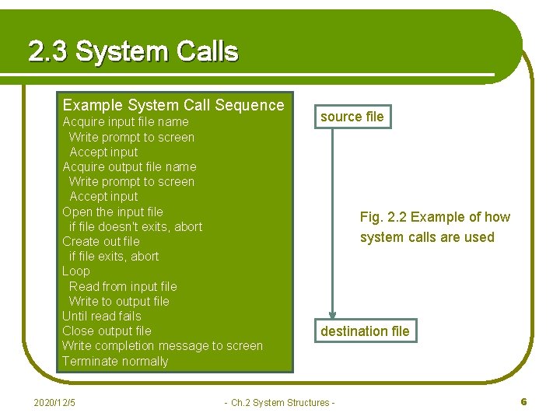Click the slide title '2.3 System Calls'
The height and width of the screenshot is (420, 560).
(x=133, y=51)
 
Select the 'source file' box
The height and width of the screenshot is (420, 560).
(x=352, y=117)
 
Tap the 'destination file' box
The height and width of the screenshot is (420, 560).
(x=365, y=331)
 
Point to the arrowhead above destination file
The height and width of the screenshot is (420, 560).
(x=332, y=312)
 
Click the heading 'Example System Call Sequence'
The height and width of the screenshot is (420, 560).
(x=173, y=105)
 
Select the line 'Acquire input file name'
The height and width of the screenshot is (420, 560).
(x=125, y=121)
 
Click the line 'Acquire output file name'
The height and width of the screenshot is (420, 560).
(x=129, y=166)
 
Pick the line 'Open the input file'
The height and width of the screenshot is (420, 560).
(x=113, y=212)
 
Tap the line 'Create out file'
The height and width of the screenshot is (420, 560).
(x=101, y=241)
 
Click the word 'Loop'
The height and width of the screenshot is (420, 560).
(x=76, y=271)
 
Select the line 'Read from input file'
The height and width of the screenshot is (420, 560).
(x=123, y=286)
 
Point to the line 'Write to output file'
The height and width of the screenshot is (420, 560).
(x=119, y=301)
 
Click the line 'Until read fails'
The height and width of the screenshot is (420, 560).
(x=102, y=316)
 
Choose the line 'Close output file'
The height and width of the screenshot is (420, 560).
(x=107, y=331)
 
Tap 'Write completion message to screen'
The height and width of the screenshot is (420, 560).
(x=163, y=345)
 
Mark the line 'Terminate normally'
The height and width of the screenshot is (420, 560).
(x=115, y=361)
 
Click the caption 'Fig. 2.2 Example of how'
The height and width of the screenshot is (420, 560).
(x=435, y=217)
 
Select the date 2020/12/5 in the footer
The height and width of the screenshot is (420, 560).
(x=55, y=402)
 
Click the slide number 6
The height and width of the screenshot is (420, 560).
(x=523, y=401)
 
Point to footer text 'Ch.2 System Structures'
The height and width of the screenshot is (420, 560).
(x=279, y=402)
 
